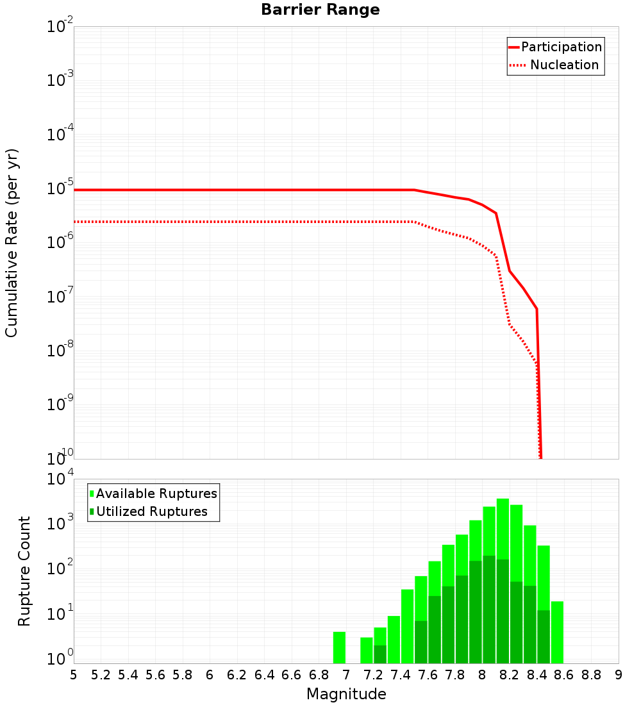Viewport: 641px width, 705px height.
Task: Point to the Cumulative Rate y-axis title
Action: pos(12,243)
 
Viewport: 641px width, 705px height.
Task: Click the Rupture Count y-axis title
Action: pos(24,571)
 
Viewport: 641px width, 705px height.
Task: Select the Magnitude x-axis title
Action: pos(346,694)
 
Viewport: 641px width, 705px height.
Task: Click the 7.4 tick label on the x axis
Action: pos(401,675)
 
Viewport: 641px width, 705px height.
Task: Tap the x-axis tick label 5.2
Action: pos(101,675)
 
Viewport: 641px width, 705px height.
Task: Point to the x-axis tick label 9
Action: pos(619,675)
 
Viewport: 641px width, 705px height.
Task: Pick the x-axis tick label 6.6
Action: pos(292,675)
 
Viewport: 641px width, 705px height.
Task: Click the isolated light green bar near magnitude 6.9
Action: pos(339,647)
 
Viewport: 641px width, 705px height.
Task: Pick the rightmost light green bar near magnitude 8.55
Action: pos(557,632)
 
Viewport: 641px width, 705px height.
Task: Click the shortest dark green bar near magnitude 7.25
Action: pos(380,654)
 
